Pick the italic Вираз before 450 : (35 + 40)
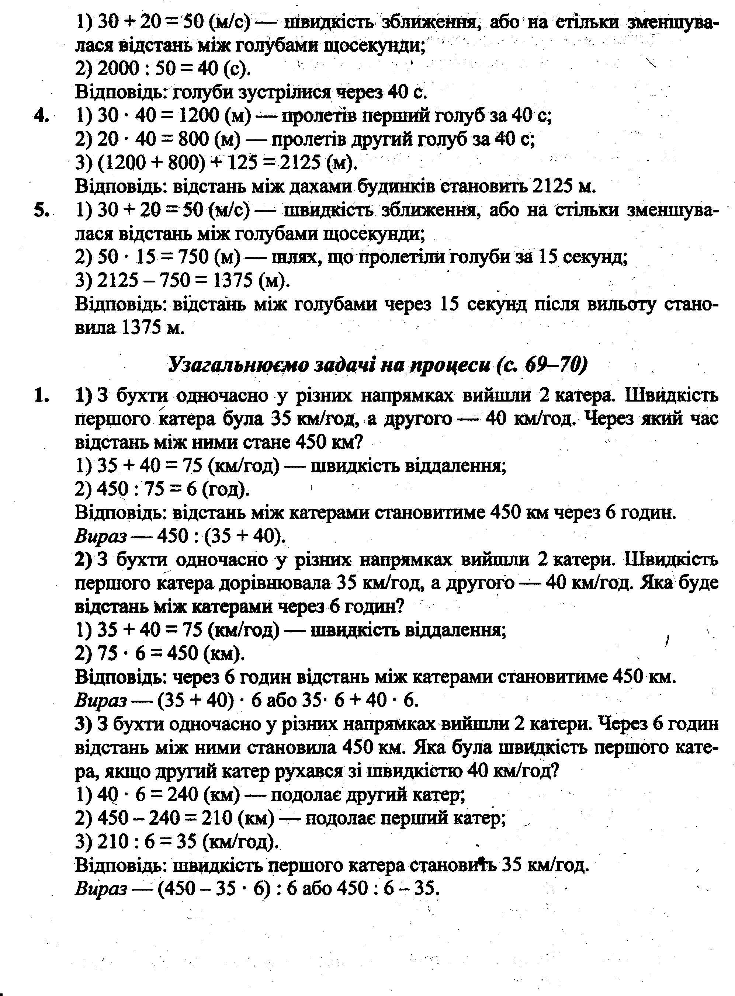[101, 537]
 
